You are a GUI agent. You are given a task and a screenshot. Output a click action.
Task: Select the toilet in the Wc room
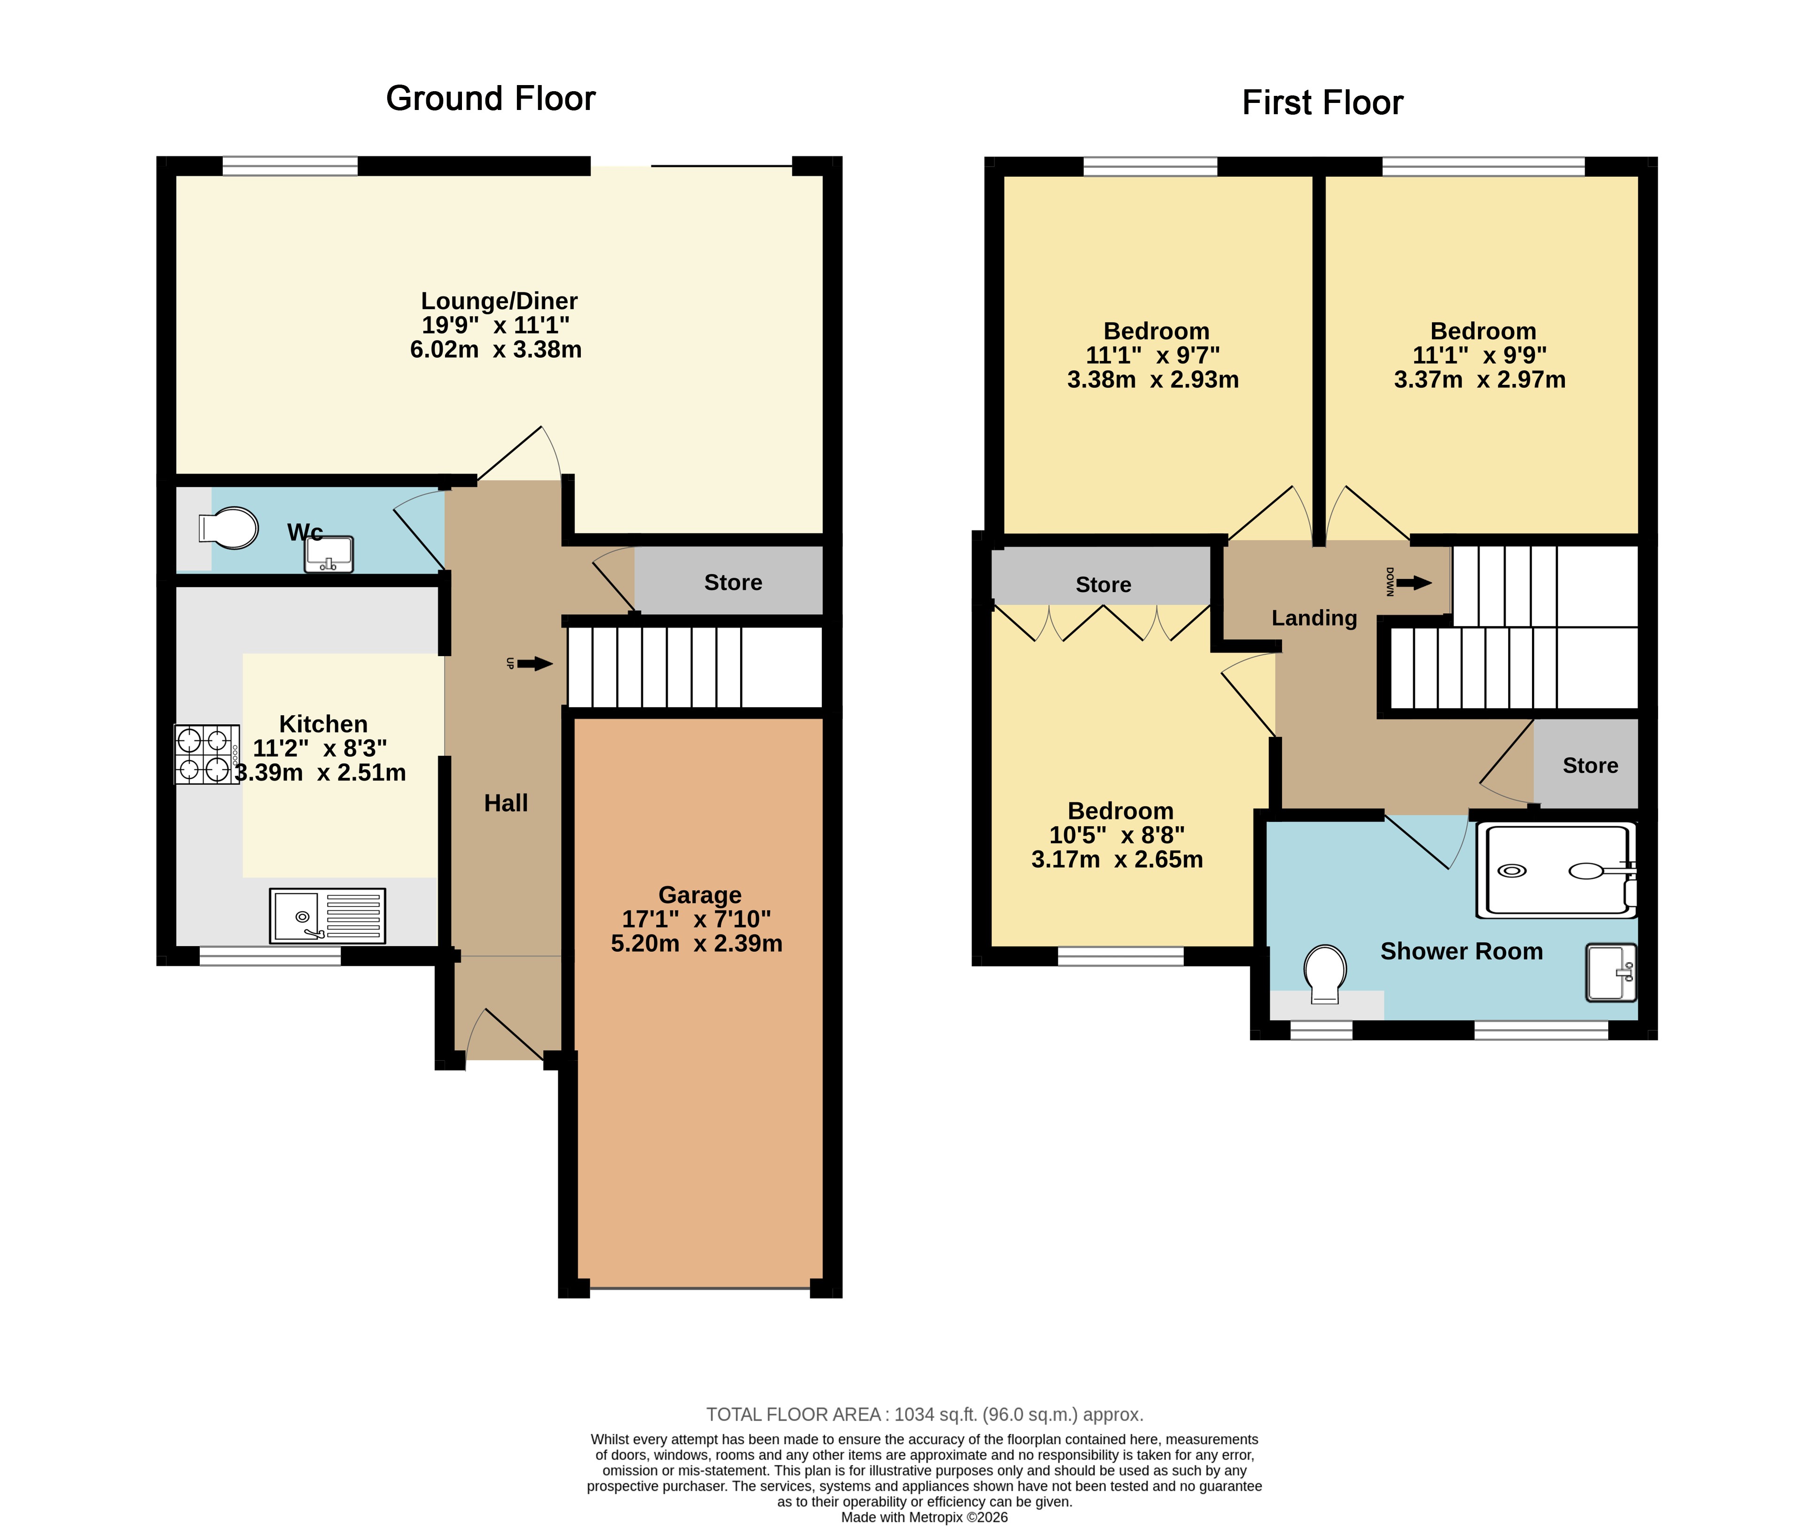[228, 528]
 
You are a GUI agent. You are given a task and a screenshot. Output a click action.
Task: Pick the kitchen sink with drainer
[327, 915]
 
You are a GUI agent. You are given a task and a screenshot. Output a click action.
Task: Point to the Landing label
[1314, 618]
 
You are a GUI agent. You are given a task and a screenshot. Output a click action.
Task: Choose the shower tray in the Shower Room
[1556, 869]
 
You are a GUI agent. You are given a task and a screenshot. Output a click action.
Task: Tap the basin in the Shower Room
[1611, 972]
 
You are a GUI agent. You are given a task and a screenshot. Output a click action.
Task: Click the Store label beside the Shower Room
[1590, 766]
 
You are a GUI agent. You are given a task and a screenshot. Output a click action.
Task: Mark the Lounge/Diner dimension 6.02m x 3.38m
[496, 350]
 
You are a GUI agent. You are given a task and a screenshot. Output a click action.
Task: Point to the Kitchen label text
[323, 724]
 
